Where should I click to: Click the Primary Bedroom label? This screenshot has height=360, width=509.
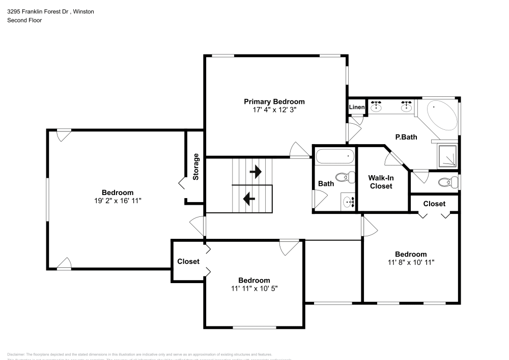point(274,101)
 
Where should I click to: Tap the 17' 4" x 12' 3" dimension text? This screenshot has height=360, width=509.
point(274,109)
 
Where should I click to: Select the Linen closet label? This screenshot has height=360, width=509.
point(356,107)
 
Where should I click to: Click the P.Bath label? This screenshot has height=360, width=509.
point(406,136)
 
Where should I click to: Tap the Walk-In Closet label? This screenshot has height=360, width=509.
point(381,182)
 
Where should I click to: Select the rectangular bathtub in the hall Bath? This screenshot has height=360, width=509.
point(334,156)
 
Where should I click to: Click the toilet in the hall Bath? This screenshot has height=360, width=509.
point(348,178)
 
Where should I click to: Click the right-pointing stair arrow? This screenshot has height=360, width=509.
point(256,172)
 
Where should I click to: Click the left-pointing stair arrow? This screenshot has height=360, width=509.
point(249,198)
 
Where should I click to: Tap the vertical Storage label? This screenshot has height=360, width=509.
point(196,167)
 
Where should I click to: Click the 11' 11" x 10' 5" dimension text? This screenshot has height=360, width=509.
point(254,288)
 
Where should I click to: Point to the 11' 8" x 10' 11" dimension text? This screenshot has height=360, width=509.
point(411,262)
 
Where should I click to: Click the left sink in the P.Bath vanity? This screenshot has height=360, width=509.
point(376,107)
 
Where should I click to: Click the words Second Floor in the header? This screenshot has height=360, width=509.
point(24,20)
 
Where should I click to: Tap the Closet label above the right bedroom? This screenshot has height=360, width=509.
point(434,204)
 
